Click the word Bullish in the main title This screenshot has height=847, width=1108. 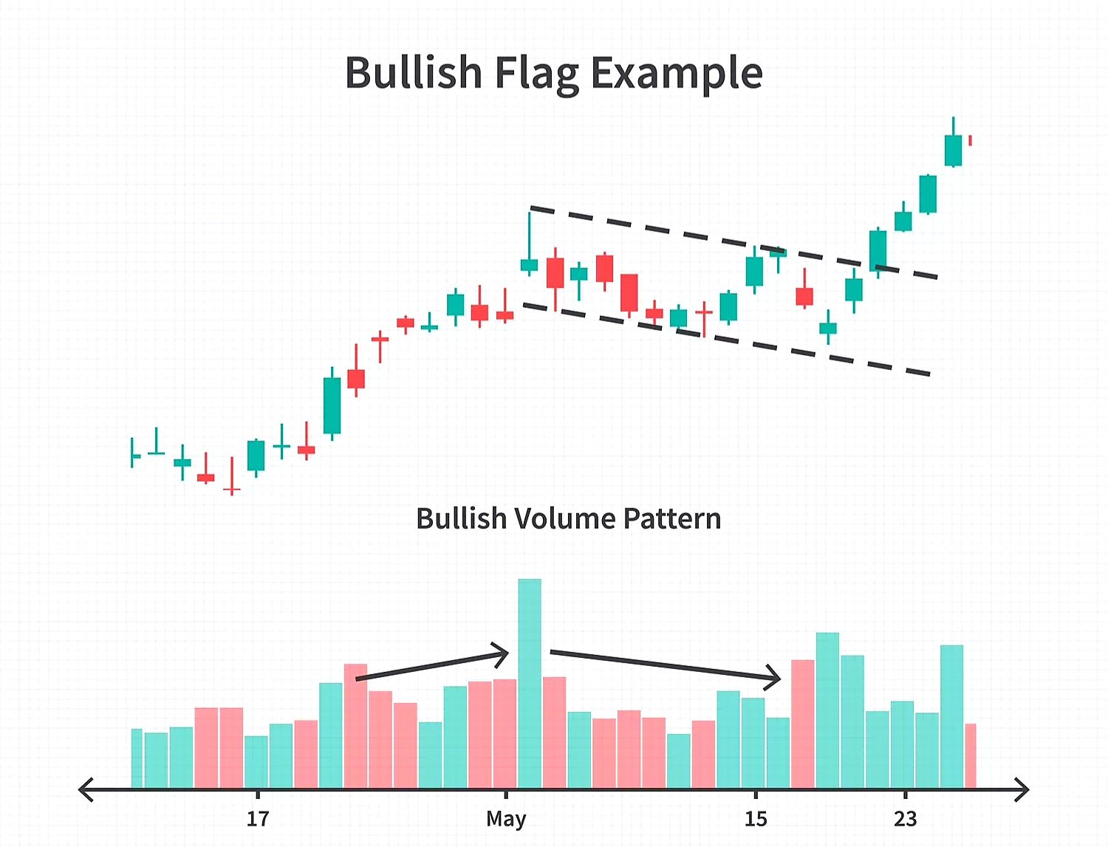click(413, 72)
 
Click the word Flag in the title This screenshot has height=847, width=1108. click(536, 74)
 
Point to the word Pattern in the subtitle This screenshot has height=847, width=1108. click(671, 518)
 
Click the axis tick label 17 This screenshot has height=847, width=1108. click(257, 818)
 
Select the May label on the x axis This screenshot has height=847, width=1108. click(506, 818)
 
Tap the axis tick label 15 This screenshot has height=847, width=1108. click(755, 818)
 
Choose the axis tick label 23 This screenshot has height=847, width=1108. click(905, 818)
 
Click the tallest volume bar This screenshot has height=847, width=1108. click(530, 683)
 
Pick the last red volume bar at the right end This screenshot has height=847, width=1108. click(971, 755)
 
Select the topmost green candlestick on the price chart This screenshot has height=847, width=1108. click(953, 150)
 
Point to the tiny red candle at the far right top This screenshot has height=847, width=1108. click(970, 140)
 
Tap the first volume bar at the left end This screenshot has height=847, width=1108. click(137, 758)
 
